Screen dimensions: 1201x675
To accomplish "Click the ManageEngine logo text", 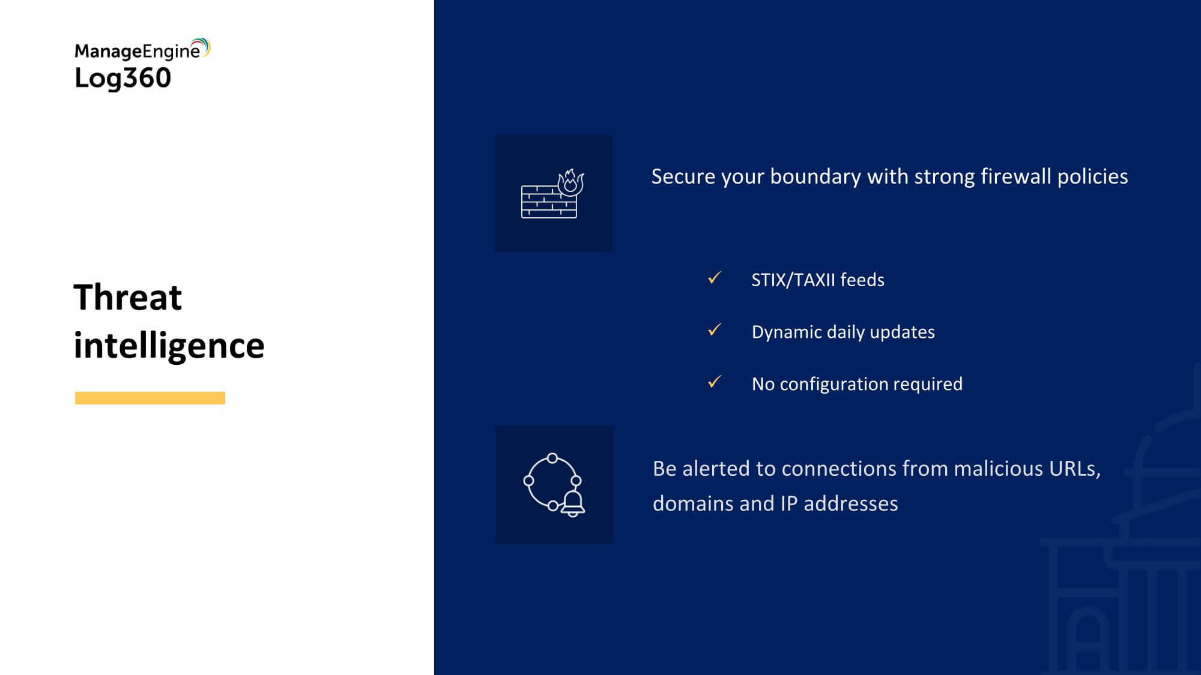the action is click(x=138, y=52).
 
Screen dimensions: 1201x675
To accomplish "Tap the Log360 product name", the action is click(x=123, y=79).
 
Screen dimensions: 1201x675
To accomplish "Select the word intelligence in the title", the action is click(x=169, y=346).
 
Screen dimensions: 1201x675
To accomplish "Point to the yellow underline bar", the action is click(x=150, y=398).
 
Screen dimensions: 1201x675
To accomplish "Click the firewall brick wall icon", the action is click(x=549, y=202).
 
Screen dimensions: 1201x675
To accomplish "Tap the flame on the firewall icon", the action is click(x=570, y=182).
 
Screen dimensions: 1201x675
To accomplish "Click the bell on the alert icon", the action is click(x=572, y=503).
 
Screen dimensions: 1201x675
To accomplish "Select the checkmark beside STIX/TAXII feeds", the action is click(x=715, y=278).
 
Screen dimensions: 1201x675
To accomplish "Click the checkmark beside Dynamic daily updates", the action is click(x=715, y=330).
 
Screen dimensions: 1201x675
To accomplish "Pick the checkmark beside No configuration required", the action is click(x=715, y=382).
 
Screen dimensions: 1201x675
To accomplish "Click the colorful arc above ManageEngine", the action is click(x=202, y=46).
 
